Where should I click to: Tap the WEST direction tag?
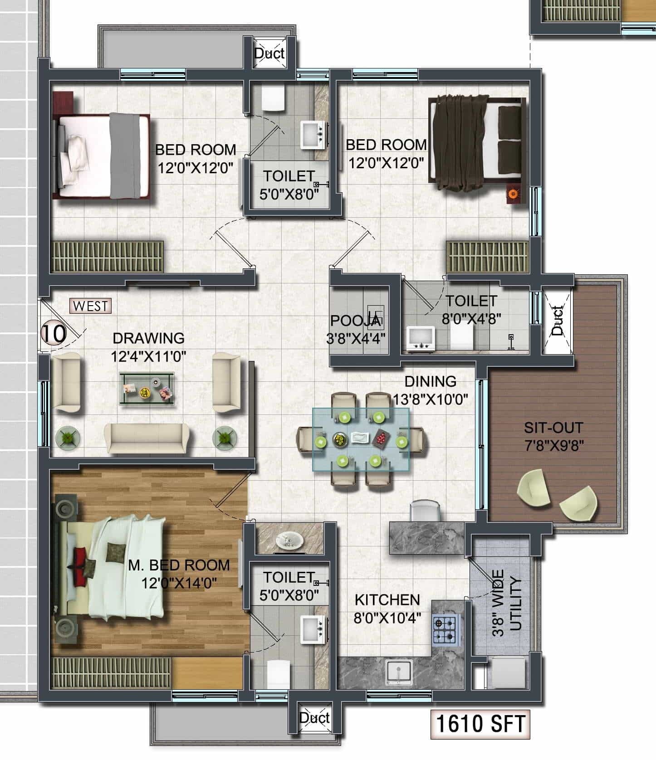(91, 306)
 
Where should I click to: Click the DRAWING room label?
(148, 338)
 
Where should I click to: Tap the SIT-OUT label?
(553, 428)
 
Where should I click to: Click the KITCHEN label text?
(387, 599)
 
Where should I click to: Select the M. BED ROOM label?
(179, 565)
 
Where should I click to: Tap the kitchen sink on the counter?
(399, 672)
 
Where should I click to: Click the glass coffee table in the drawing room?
(147, 389)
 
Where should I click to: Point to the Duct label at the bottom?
(314, 717)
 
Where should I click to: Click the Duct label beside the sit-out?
(557, 321)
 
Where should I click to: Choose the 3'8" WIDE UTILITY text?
(508, 603)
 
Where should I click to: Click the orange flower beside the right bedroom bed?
(513, 194)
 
